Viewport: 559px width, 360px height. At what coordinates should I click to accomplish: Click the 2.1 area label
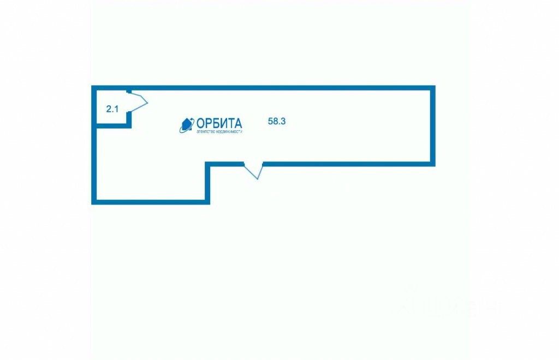[x=112, y=109]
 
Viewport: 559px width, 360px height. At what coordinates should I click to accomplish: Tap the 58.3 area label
[x=277, y=122]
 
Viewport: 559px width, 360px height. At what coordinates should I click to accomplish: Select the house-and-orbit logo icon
[x=187, y=125]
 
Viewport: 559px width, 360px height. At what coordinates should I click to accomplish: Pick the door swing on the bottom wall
[x=253, y=171]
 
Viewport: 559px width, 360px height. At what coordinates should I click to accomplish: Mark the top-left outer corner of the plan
[x=93, y=87]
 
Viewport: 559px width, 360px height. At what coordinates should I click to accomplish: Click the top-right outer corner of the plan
[x=433, y=87]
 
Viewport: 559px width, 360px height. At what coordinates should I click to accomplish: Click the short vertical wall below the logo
[x=207, y=183]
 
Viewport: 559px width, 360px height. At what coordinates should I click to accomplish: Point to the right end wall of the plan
[x=433, y=125]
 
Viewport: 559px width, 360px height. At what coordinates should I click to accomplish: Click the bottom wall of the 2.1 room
[x=112, y=126]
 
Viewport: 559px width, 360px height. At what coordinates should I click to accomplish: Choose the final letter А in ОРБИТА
[x=237, y=123]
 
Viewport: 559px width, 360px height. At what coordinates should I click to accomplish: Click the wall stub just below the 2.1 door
[x=129, y=119]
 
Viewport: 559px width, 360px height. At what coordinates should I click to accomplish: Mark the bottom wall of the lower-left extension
[x=150, y=202]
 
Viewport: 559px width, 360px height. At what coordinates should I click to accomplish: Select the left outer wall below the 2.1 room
[x=93, y=164]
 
